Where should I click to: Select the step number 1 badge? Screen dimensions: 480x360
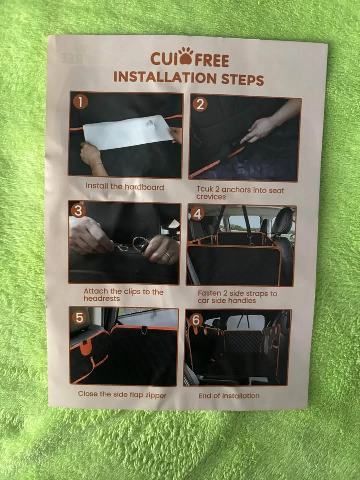[x=80, y=102]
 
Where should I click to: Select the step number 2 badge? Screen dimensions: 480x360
[x=200, y=104]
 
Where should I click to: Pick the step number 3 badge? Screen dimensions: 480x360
[x=78, y=210]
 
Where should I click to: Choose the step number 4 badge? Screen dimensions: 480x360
[x=197, y=214]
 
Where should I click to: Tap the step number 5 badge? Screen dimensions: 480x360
[x=78, y=317]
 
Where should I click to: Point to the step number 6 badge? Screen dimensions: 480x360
[x=196, y=319]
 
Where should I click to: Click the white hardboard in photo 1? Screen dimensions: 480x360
[x=127, y=132]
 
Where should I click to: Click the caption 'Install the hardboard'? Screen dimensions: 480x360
[x=124, y=186]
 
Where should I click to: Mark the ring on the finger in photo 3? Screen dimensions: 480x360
[x=168, y=255]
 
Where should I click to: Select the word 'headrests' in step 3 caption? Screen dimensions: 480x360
[x=102, y=298]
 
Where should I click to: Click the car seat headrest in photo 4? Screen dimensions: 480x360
[x=282, y=220]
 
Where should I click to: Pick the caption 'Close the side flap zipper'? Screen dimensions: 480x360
[x=122, y=394]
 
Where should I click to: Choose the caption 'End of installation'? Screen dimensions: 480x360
[x=229, y=395]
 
